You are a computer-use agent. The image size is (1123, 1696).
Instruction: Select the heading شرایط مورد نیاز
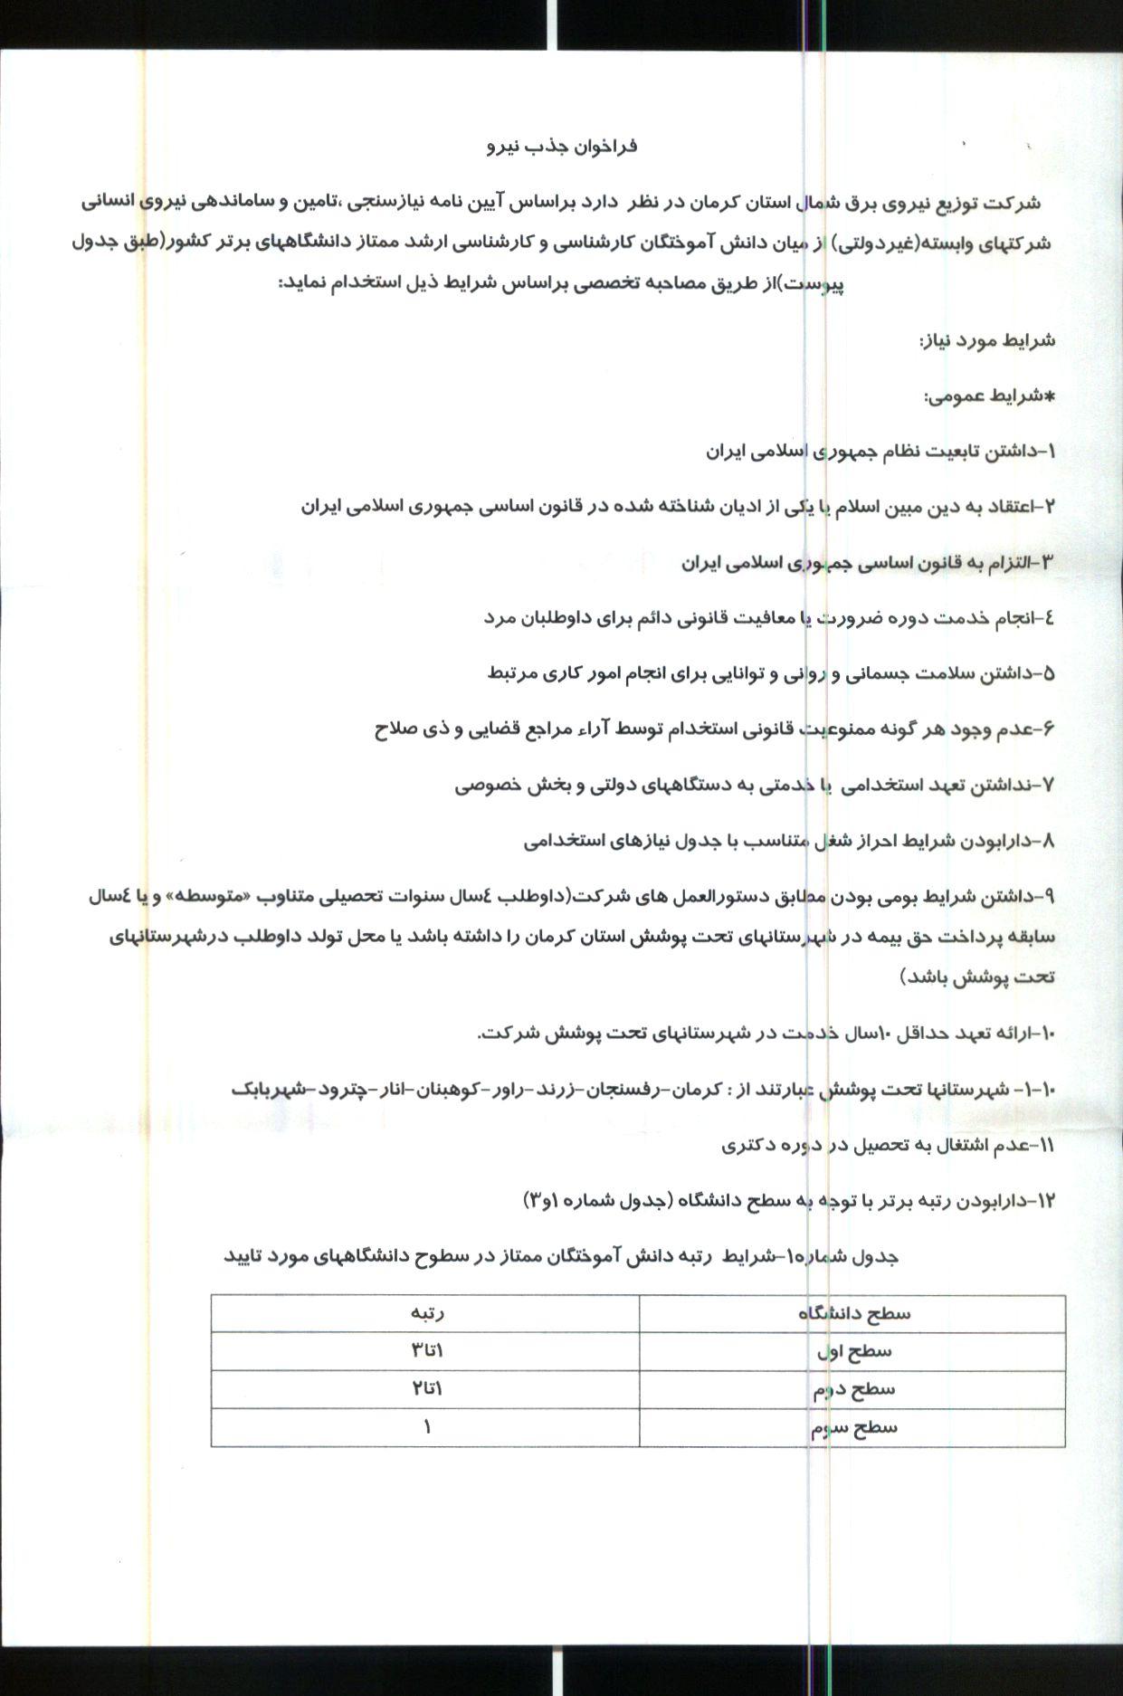click(987, 340)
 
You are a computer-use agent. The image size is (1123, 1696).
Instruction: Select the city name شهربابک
click(270, 1090)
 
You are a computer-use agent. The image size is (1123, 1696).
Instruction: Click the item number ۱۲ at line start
click(1045, 1201)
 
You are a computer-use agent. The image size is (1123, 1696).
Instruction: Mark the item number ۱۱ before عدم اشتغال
click(1046, 1146)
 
